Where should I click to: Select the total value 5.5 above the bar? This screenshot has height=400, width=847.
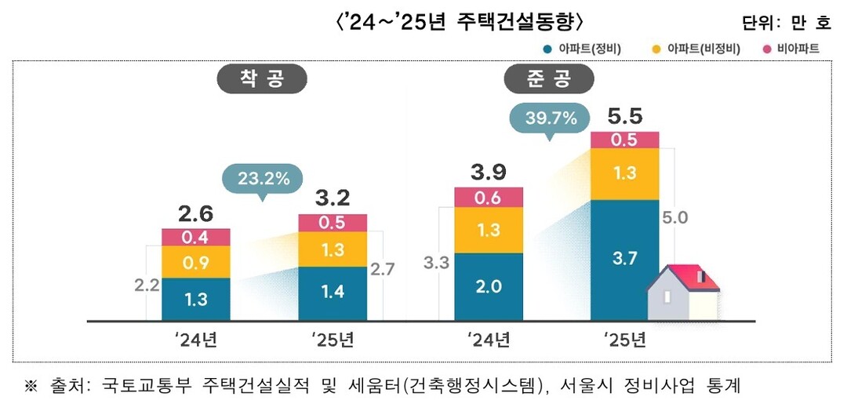pos(625,117)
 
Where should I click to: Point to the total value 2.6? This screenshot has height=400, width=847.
pos(195,214)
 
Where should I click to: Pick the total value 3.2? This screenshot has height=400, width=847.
pos(333,197)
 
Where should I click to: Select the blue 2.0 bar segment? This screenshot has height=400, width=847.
pos(489,287)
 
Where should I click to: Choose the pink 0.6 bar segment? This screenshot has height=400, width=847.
pos(489,198)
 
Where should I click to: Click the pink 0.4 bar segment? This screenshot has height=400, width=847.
pos(195,237)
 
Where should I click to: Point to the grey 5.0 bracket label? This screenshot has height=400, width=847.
pos(675,217)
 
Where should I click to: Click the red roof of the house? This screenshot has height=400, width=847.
pos(690,276)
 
